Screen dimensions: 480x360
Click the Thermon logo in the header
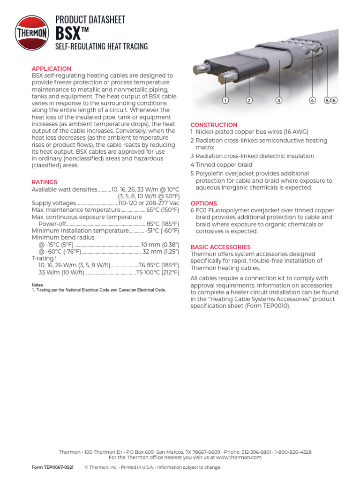coord(32,32)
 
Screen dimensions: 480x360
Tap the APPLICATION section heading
coord(52,68)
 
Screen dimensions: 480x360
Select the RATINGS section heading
coord(45,182)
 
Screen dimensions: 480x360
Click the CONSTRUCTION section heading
coord(214,125)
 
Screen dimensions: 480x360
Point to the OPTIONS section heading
coord(203,203)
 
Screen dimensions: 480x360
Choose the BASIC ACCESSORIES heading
coord(220,247)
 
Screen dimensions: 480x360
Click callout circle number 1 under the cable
coord(225,100)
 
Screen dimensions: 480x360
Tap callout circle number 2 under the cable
coord(249,100)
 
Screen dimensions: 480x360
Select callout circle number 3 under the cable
coord(278,100)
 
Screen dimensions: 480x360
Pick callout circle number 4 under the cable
coord(312,100)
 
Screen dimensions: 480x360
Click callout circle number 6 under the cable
coord(334,100)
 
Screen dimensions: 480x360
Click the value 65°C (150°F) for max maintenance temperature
coord(163,210)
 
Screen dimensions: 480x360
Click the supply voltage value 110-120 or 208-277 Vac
coord(149,203)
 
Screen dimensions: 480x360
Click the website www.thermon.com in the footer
coord(239,457)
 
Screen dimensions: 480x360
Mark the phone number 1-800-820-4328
coord(293,452)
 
